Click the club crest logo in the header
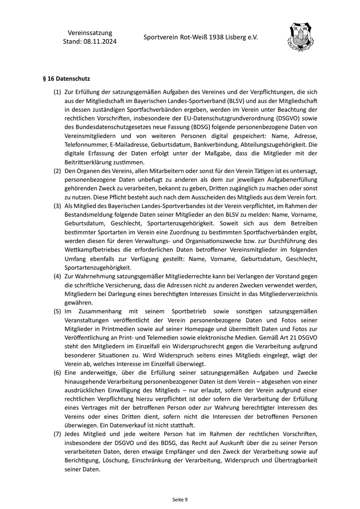[x=300, y=38]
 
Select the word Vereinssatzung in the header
[x=90, y=33]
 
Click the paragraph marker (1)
[x=57, y=92]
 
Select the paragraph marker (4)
[x=57, y=276]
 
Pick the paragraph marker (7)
[x=57, y=434]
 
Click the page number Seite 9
[x=180, y=499]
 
